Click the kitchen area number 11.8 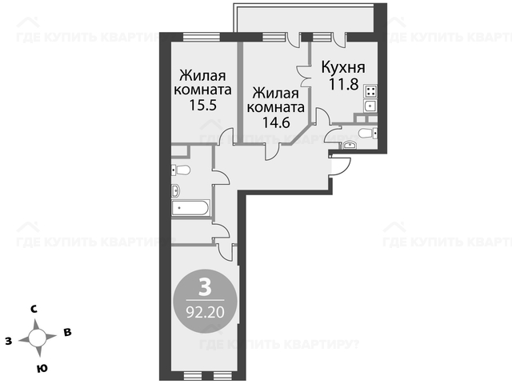[344, 84]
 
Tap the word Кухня [343, 67]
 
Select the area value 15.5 [202, 105]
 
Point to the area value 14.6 [276, 122]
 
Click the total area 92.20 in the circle [205, 312]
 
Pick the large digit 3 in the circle [205, 288]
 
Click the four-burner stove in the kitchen [370, 91]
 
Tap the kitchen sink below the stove [370, 106]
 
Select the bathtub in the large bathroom [190, 208]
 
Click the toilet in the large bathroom [181, 170]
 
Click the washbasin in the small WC [350, 145]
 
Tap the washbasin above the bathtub [176, 190]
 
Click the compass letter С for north [34, 309]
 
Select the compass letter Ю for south [42, 368]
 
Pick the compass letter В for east [67, 333]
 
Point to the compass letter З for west [9, 342]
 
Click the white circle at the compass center [38, 338]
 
